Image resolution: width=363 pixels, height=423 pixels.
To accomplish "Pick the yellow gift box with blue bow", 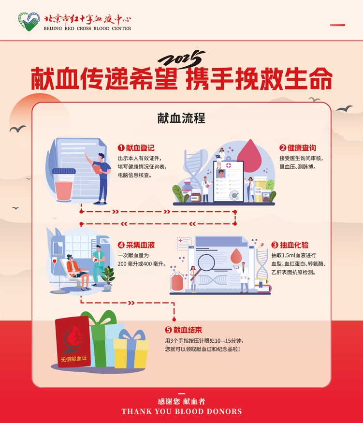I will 131,350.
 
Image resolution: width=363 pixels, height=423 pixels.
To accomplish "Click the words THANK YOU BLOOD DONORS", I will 182,411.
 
